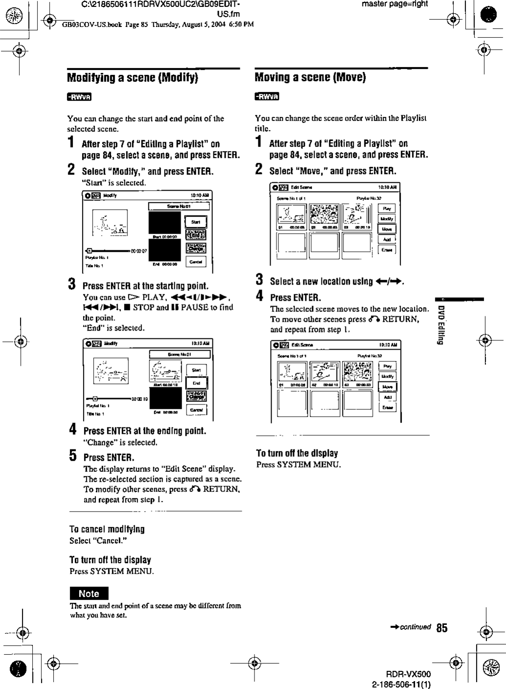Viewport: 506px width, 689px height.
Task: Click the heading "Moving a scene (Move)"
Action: pos(310,77)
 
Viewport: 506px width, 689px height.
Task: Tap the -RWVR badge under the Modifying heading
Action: pos(79,96)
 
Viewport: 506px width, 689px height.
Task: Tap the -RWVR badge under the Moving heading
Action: pos(267,96)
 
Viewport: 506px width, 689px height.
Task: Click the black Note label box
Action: pos(88,594)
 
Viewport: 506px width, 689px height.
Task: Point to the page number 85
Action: pos(442,628)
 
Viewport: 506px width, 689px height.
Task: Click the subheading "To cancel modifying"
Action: pos(107,529)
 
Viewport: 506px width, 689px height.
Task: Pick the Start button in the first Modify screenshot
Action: pos(195,222)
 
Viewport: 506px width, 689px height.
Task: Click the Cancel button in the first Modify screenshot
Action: pos(195,262)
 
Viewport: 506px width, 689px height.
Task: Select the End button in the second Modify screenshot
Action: pos(196,384)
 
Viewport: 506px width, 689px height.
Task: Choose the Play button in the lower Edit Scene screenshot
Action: pos(387,366)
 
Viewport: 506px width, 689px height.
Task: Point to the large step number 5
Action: pos(72,457)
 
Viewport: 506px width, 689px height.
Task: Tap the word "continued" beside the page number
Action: pos(415,627)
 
